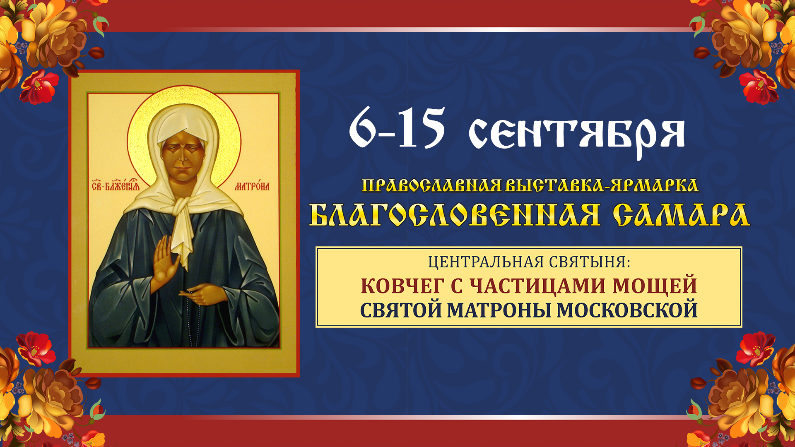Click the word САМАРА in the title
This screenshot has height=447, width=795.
tap(681, 215)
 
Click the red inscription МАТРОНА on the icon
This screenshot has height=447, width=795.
tap(252, 186)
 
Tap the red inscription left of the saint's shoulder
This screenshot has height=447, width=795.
tap(116, 185)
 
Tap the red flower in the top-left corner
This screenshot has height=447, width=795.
tap(39, 87)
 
